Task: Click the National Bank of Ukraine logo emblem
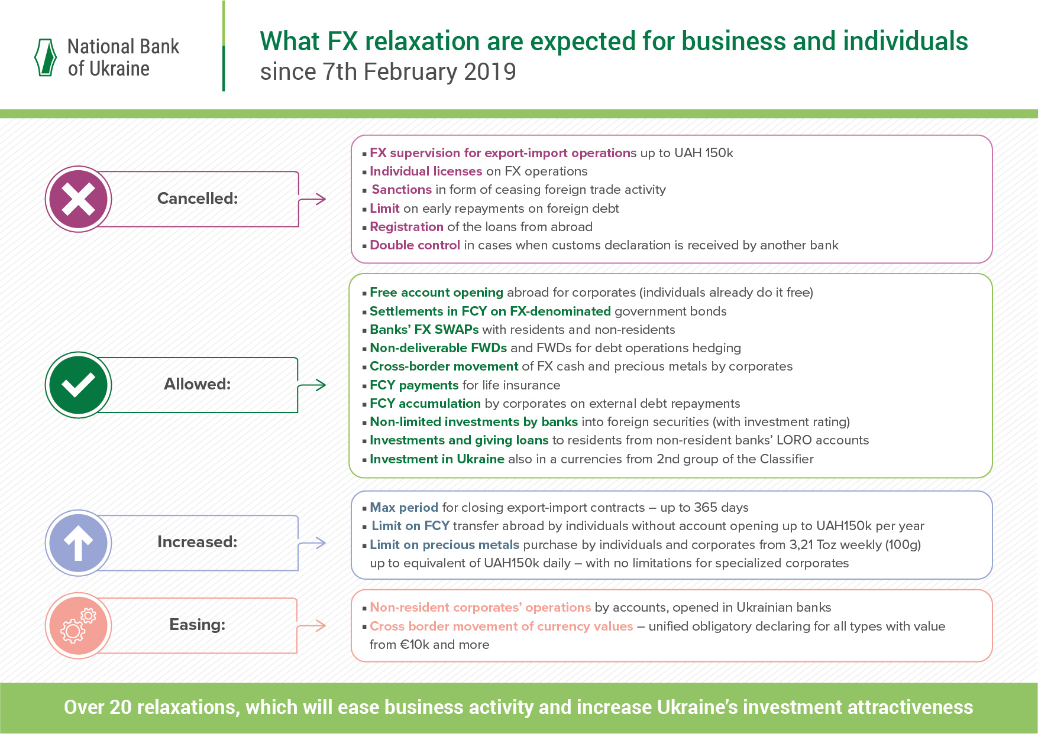point(46,57)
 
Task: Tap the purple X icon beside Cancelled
point(78,199)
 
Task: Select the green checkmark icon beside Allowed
point(78,385)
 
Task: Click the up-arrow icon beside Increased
point(78,543)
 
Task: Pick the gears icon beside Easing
point(78,625)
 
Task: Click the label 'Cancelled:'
point(198,199)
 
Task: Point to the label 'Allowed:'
point(198,384)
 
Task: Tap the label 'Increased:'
point(198,542)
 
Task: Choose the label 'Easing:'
point(198,625)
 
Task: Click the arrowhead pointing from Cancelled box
point(320,199)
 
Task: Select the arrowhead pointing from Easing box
point(320,626)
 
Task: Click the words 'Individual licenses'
point(426,171)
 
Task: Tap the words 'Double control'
point(415,245)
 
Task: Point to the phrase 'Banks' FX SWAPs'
point(424,330)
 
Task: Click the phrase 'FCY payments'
point(414,385)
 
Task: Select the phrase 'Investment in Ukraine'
point(437,459)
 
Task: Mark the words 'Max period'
point(404,508)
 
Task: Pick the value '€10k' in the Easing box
point(415,645)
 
